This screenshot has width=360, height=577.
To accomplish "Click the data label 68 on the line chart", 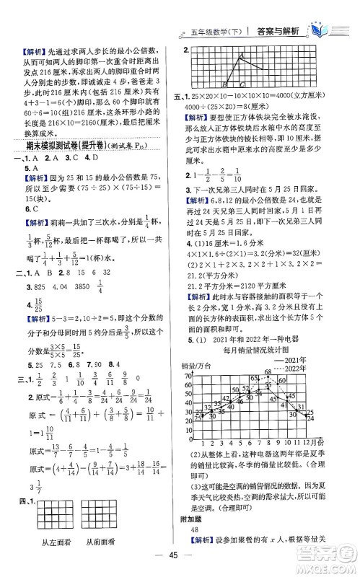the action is (267, 371).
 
